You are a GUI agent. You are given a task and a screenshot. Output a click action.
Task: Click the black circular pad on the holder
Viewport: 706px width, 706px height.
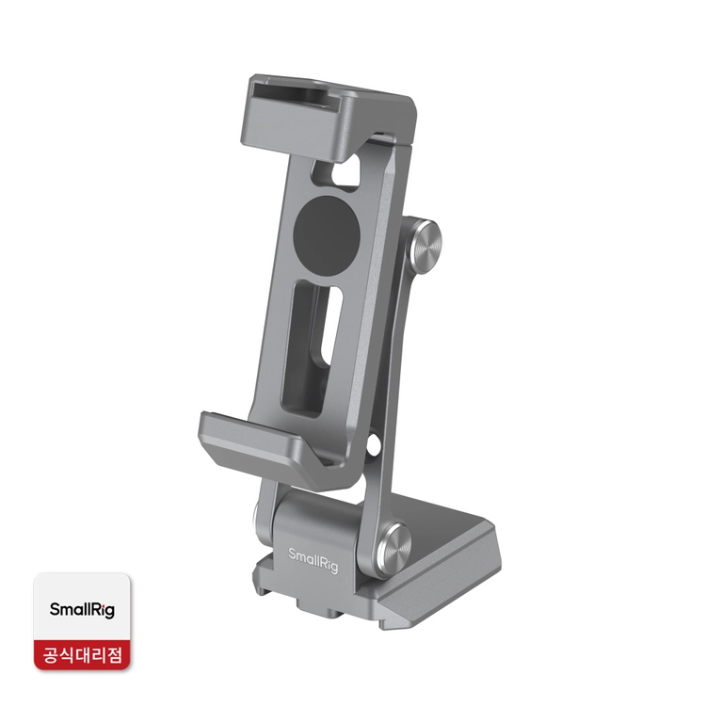[x=327, y=230]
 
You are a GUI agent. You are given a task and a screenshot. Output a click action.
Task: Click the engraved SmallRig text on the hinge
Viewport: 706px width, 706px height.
[x=313, y=560]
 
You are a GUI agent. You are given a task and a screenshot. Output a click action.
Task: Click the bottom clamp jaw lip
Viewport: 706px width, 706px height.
[x=265, y=443]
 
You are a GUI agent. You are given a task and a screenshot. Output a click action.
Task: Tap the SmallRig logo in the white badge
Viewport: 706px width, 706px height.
[x=82, y=610]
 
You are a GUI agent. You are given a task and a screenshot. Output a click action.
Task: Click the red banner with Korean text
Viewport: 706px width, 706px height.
[x=82, y=654]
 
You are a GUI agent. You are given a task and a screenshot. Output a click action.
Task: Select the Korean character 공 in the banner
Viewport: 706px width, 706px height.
[x=53, y=654]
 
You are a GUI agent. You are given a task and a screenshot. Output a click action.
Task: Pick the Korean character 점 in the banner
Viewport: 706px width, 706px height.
[x=112, y=654]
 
